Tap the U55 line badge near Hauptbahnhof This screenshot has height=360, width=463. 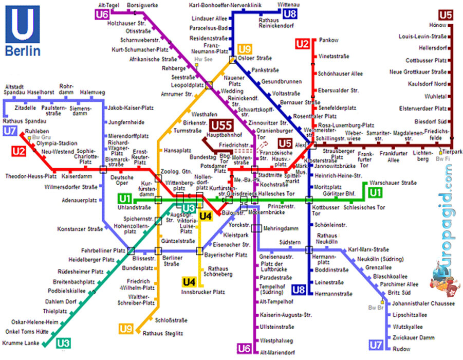coord(221,125)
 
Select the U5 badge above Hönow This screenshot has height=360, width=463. coord(445,14)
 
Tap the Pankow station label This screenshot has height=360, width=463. coord(328,40)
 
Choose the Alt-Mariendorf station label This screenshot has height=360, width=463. coord(277,352)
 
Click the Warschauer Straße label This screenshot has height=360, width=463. coord(395,183)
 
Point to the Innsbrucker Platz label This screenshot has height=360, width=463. coord(203,292)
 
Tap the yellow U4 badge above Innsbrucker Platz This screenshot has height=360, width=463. coord(189,282)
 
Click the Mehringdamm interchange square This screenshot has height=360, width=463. coord(256,228)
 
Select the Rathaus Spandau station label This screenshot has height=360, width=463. coord(24,121)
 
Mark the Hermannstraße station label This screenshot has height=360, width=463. coord(334,294)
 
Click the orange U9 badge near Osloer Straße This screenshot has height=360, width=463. coord(245,49)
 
